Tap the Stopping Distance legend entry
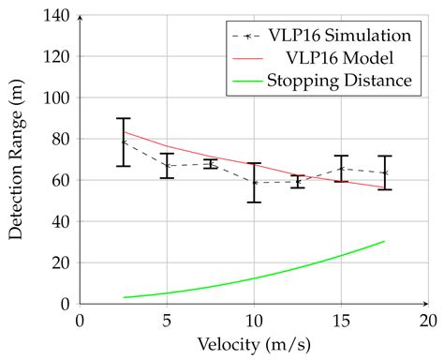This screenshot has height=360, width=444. coord(338,80)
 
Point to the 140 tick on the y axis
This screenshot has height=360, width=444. coord(59,15)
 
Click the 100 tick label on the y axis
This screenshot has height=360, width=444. coord(59,97)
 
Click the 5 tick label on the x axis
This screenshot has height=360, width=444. coord(167,321)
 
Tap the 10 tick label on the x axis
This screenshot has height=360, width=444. coord(253,321)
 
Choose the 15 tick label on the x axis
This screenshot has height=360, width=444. coord(340,321)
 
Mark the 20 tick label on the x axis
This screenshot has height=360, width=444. coord(427,321)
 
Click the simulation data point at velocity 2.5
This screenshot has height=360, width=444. coord(124,142)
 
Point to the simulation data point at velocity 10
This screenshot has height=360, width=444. coord(254,183)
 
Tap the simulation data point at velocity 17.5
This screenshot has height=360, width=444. coord(384,172)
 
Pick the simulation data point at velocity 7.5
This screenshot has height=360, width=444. coord(211,163)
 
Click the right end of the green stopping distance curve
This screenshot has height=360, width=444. coord(384,241)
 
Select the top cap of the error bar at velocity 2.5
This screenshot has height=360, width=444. coord(124,118)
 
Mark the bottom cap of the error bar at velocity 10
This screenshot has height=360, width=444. coord(254,202)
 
